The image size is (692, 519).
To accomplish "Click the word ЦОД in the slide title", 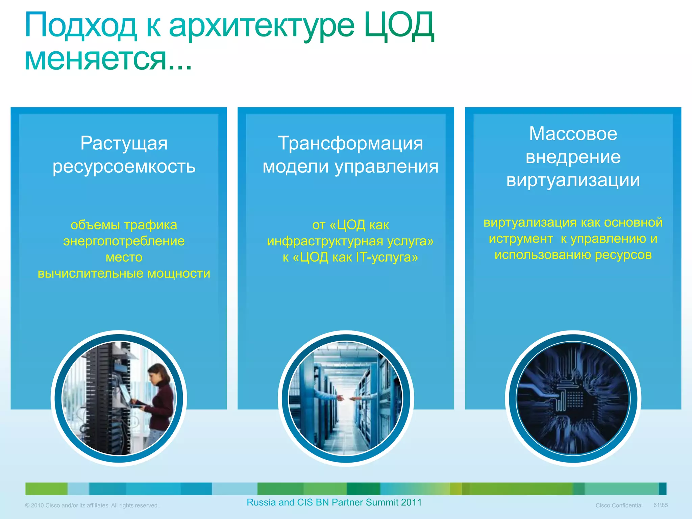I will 399,26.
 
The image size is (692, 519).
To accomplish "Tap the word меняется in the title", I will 96,59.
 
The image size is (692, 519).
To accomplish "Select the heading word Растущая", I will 124,143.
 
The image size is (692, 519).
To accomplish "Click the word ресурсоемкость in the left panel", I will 124,166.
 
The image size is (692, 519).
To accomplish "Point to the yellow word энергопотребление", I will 124,241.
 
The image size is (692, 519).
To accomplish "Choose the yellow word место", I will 124,257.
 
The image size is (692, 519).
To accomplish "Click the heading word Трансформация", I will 350,143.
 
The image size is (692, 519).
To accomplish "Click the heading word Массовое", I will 573,133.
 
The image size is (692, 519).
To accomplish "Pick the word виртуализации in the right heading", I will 573,180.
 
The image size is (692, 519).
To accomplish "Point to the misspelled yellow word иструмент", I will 521,239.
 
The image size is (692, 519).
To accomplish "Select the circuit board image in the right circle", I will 573,398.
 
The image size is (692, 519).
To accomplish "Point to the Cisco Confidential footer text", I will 619,505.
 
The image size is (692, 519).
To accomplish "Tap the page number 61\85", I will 661,505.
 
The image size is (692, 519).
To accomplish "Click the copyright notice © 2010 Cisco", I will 92,505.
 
